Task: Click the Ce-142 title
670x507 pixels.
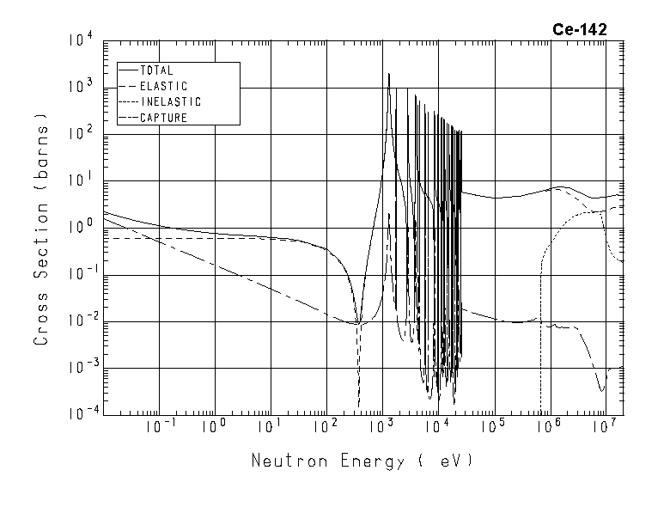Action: click(x=579, y=29)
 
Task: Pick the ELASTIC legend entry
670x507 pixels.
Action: click(x=162, y=86)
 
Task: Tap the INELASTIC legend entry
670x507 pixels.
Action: click(x=169, y=101)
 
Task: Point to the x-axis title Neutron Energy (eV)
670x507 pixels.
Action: click(x=362, y=461)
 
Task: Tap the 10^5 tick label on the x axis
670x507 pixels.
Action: click(x=493, y=426)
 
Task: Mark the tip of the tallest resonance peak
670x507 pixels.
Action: click(x=389, y=74)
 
